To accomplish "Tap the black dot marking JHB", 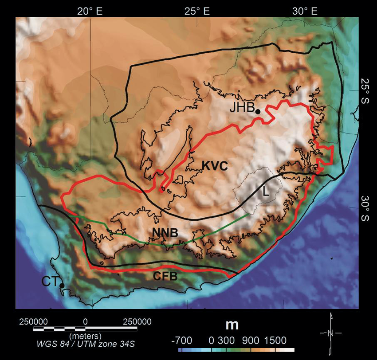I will tap(258, 111).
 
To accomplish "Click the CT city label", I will tap(50, 280).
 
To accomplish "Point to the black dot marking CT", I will tap(62, 286).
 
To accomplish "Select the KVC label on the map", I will tap(215, 166).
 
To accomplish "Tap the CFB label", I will tap(165, 277).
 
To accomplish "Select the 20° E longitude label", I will tap(90, 11).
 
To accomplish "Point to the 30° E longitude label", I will tap(305, 11).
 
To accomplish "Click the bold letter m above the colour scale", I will tap(232, 325).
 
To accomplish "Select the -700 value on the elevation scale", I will tap(181, 340).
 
